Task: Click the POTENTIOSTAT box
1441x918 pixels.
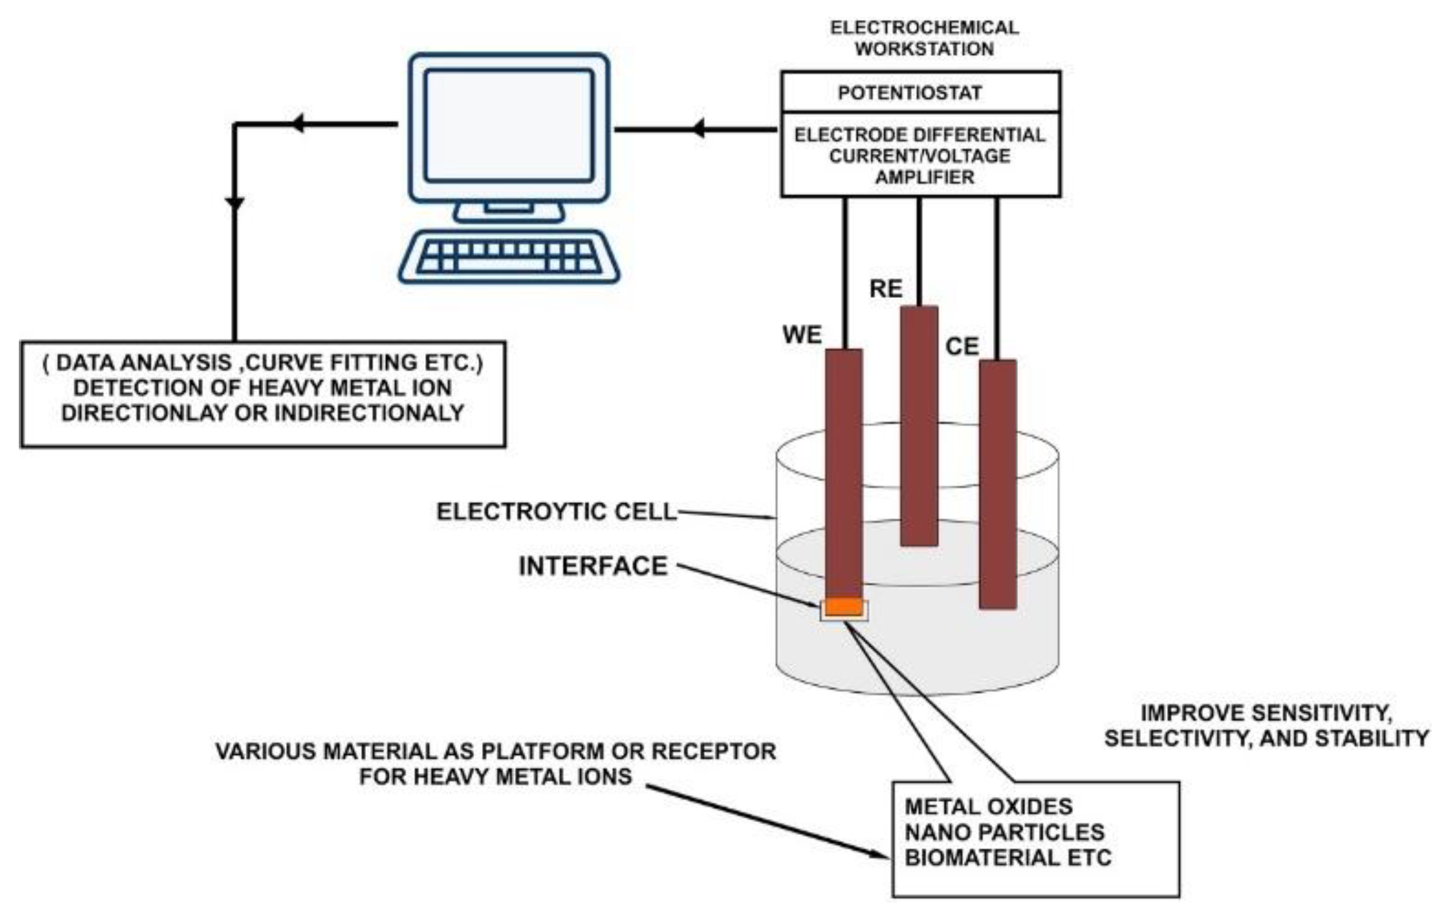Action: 920,93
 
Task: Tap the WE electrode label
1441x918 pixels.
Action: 802,334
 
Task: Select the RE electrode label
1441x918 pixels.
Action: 886,289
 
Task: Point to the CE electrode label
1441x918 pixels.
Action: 962,346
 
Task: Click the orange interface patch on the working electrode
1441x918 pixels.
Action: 844,607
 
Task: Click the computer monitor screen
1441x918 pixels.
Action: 509,125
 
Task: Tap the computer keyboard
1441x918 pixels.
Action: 508,257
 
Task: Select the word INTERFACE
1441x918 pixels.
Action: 593,566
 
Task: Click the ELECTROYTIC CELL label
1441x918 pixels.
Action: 556,512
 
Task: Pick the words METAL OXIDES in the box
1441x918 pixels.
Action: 988,807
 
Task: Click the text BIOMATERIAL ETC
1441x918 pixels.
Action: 1008,858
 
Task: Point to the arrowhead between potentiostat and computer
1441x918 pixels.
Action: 698,128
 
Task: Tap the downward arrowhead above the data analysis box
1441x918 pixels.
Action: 234,203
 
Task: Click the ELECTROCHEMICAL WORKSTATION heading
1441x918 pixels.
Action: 924,38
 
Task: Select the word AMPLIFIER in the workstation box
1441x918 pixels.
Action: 924,177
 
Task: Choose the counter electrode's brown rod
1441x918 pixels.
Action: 997,483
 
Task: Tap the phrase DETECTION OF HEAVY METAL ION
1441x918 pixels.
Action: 262,388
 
